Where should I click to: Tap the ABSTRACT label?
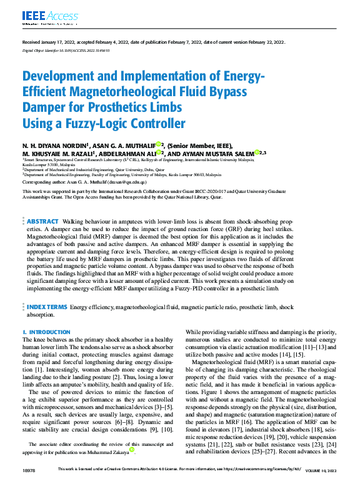click(42, 222)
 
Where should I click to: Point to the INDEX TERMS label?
click(46, 308)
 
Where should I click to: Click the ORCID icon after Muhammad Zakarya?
click(131, 450)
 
